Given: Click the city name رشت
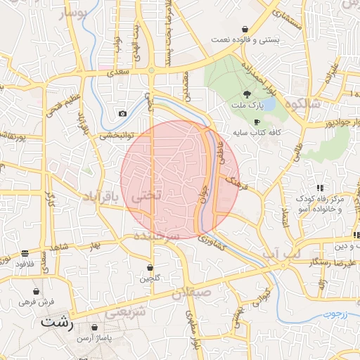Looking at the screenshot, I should [56, 324].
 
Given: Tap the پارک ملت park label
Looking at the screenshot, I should [247, 106].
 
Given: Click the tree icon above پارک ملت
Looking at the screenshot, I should [247, 94].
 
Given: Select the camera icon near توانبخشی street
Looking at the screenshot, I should [123, 114].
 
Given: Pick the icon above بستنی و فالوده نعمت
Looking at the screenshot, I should [245, 29].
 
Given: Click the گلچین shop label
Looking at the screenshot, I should [150, 278].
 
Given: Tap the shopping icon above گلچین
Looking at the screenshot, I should [150, 267].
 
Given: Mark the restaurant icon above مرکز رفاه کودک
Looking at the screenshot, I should [320, 188].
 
